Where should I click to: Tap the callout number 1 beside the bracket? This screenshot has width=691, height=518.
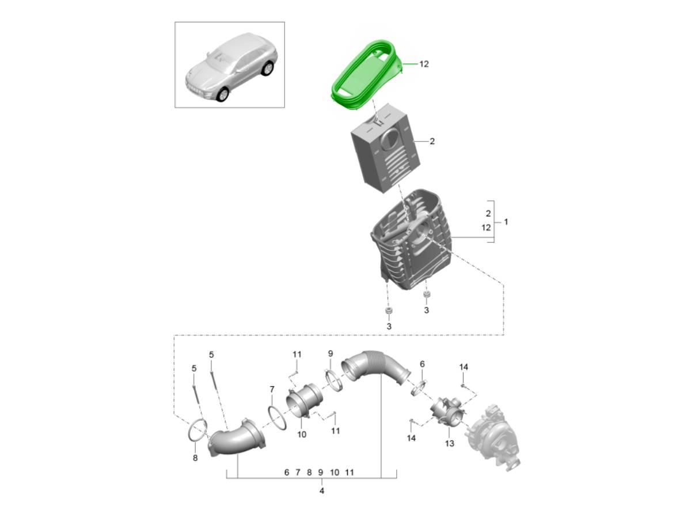(506, 222)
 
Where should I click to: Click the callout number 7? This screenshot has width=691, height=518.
(272, 390)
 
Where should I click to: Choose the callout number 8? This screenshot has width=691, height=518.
(195, 458)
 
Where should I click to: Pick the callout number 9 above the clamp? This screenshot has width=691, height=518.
(330, 353)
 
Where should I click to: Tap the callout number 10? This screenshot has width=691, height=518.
(302, 435)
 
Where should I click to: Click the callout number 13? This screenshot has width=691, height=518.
(450, 443)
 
